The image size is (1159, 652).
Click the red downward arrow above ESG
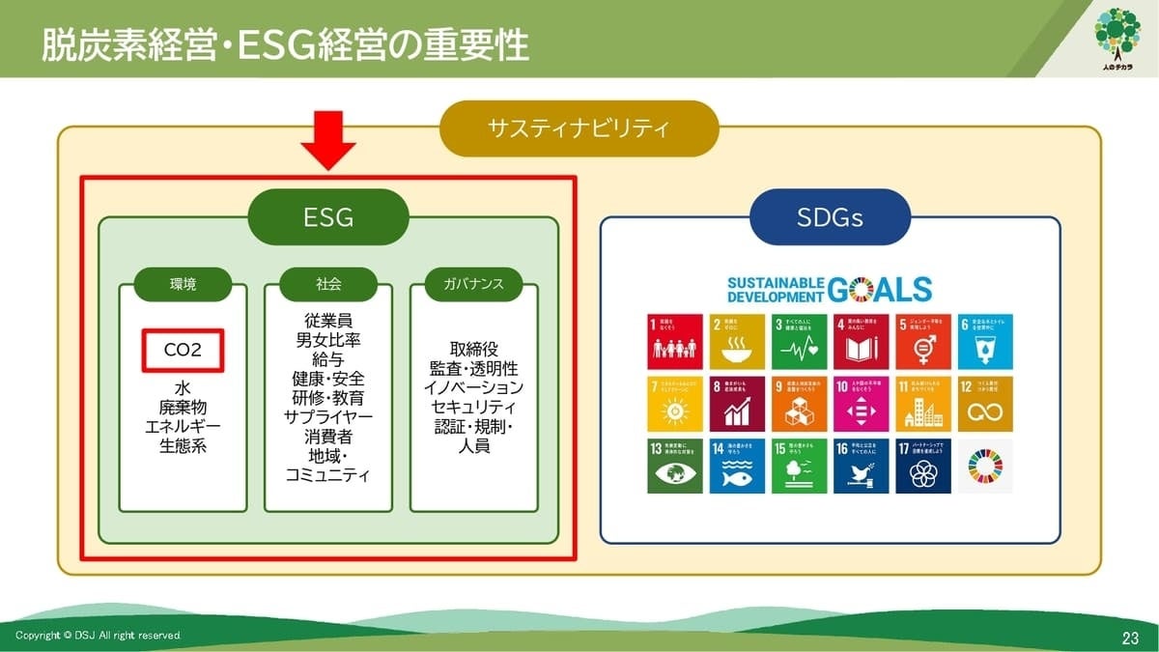pyautogui.click(x=328, y=139)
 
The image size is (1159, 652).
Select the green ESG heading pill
pyautogui.click(x=328, y=217)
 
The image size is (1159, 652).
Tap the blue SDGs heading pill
pyautogui.click(x=830, y=217)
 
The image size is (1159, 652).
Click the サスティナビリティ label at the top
pyautogui.click(x=579, y=128)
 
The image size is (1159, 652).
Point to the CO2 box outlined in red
pyautogui.click(x=183, y=351)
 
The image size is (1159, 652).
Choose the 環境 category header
pyautogui.click(x=183, y=284)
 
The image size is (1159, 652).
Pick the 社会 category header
pyautogui.click(x=328, y=284)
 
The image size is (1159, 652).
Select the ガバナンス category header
pyautogui.click(x=473, y=284)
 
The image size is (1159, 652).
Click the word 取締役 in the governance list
pyautogui.click(x=473, y=349)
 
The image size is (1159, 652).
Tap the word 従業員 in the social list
pyautogui.click(x=328, y=319)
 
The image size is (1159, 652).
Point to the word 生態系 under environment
pyautogui.click(x=183, y=446)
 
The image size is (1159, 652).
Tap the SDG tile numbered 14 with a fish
pyautogui.click(x=737, y=466)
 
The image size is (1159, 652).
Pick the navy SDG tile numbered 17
pyautogui.click(x=923, y=466)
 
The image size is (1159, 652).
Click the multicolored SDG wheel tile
pyautogui.click(x=985, y=466)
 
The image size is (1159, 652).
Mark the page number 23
pyautogui.click(x=1130, y=637)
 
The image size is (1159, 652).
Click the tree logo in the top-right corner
pyautogui.click(x=1117, y=39)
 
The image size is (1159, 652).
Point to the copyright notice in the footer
pyautogui.click(x=98, y=636)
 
